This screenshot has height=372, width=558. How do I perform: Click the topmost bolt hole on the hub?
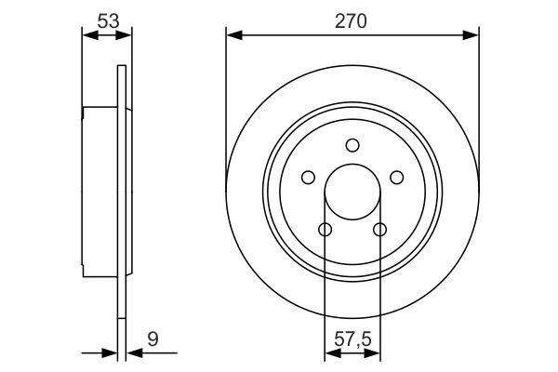352,144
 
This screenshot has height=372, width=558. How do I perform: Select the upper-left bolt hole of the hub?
307,178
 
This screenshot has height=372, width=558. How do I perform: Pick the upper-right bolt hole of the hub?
397,178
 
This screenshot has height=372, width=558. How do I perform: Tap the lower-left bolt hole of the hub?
325,230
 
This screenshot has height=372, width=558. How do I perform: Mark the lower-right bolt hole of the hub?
379,230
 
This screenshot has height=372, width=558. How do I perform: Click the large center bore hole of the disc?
352,192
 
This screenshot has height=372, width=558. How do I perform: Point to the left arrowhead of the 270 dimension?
232,35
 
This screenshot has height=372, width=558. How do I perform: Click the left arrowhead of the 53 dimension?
89,35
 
